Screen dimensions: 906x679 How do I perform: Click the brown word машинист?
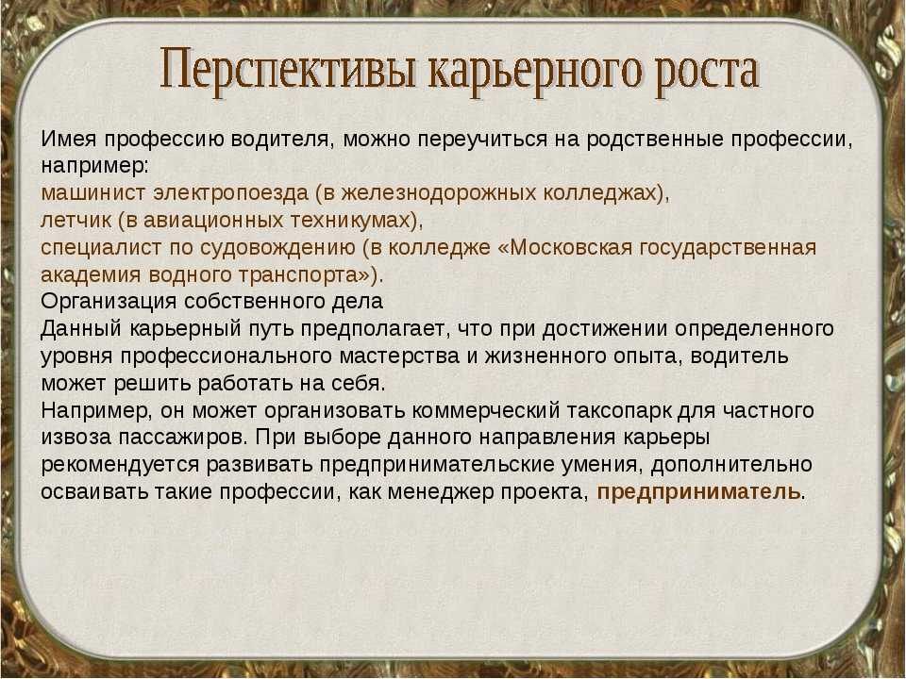[x=93, y=192]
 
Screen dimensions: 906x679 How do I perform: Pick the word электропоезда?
[x=230, y=192]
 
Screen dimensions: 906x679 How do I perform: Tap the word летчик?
[x=75, y=220]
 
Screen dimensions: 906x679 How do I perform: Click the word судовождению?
[x=277, y=248]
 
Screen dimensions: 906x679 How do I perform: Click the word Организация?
[x=109, y=302]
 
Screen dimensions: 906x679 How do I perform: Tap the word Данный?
[x=81, y=328]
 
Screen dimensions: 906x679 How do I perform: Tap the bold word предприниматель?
[x=698, y=492]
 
